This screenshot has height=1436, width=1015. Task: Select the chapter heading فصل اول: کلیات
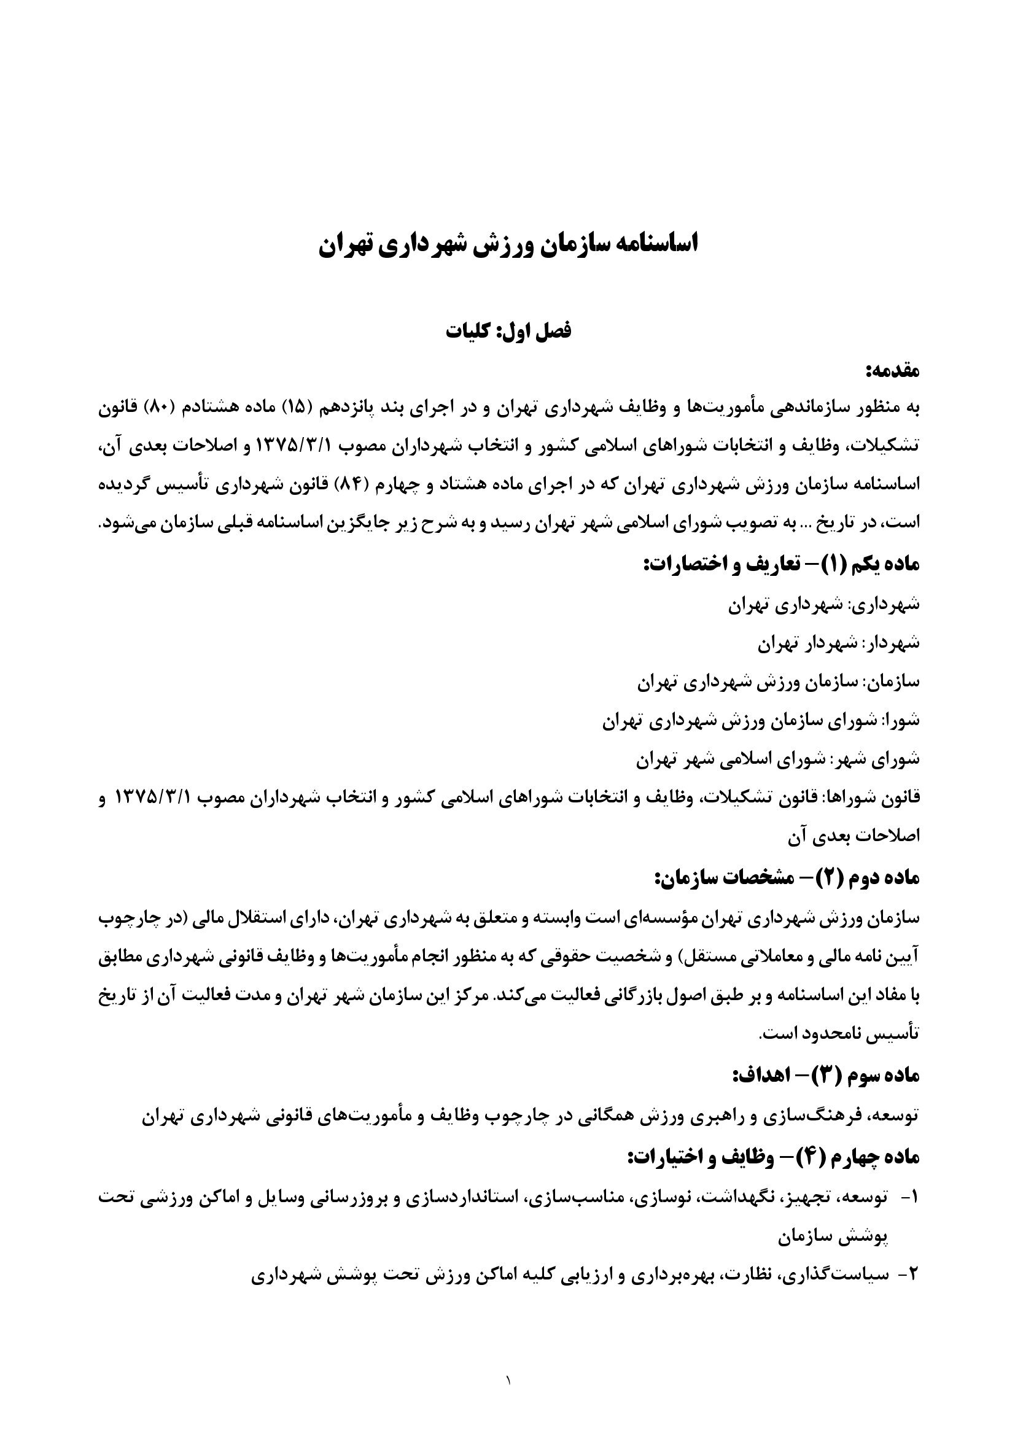(x=508, y=331)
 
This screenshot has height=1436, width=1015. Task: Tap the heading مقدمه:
(x=892, y=371)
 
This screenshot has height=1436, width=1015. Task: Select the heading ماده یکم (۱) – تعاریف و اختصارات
(x=782, y=564)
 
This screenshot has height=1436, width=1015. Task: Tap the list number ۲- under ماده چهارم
(x=908, y=1275)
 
